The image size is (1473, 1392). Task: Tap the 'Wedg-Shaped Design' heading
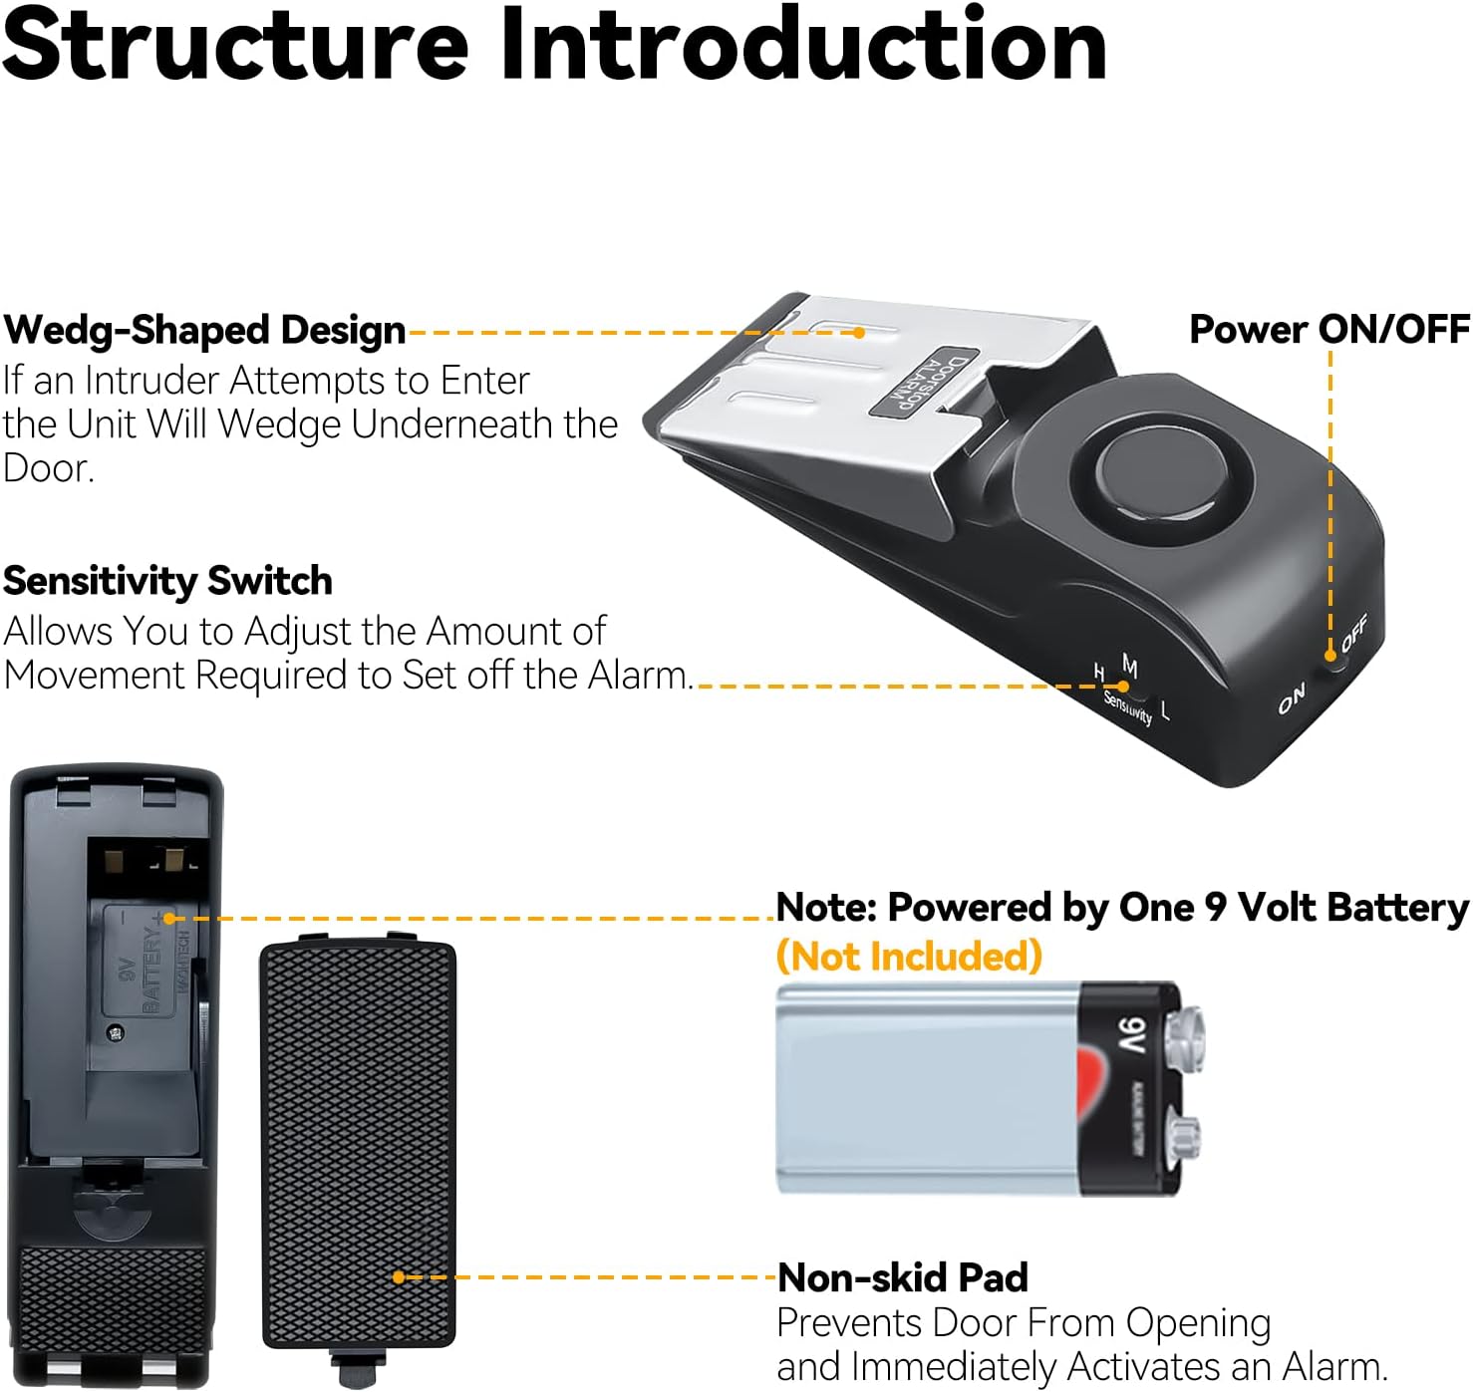coord(204,330)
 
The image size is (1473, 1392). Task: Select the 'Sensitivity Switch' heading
coord(167,581)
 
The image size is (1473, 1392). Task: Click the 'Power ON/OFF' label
coord(1329,329)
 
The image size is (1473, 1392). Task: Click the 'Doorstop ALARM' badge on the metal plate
coord(921,385)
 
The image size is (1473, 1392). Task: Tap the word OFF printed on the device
coord(1354,633)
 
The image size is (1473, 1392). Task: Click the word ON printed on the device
coord(1292,699)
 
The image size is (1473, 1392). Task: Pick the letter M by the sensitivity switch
coord(1129,666)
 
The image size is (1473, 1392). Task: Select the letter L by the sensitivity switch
coord(1165,710)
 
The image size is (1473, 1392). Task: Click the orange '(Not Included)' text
coord(909,957)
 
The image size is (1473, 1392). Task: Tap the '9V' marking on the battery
coord(1132,1036)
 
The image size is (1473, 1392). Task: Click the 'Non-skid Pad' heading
coord(903,1277)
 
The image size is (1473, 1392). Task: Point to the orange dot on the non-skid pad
coord(399,1276)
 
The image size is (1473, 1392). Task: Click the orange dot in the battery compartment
coord(169,918)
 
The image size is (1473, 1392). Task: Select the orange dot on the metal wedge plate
coord(859,332)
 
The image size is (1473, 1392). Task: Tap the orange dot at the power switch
coord(1330,656)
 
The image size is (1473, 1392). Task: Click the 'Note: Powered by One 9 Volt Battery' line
coord(1122,908)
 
